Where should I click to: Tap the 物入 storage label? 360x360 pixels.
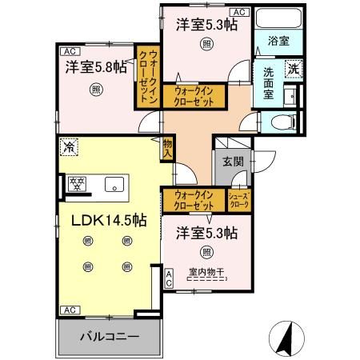[x=168, y=149]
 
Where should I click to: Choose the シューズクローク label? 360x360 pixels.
[x=239, y=200]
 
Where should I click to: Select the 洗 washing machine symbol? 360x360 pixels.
[x=294, y=70]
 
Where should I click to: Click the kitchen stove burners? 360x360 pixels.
[x=78, y=183]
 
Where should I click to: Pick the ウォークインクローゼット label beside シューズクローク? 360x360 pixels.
[x=193, y=199]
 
